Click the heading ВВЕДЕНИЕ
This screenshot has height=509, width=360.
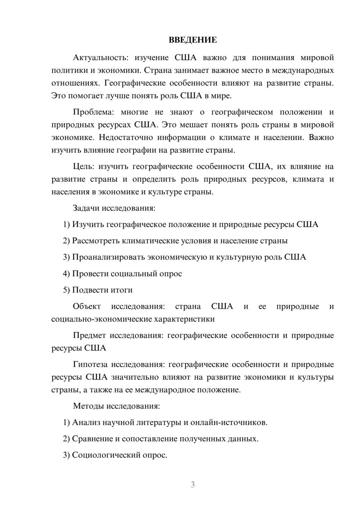193,40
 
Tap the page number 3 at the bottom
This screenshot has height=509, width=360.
193,485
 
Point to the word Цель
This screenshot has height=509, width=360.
83,166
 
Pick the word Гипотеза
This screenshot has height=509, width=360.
90,364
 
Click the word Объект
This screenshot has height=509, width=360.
87,306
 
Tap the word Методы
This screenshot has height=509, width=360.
88,406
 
